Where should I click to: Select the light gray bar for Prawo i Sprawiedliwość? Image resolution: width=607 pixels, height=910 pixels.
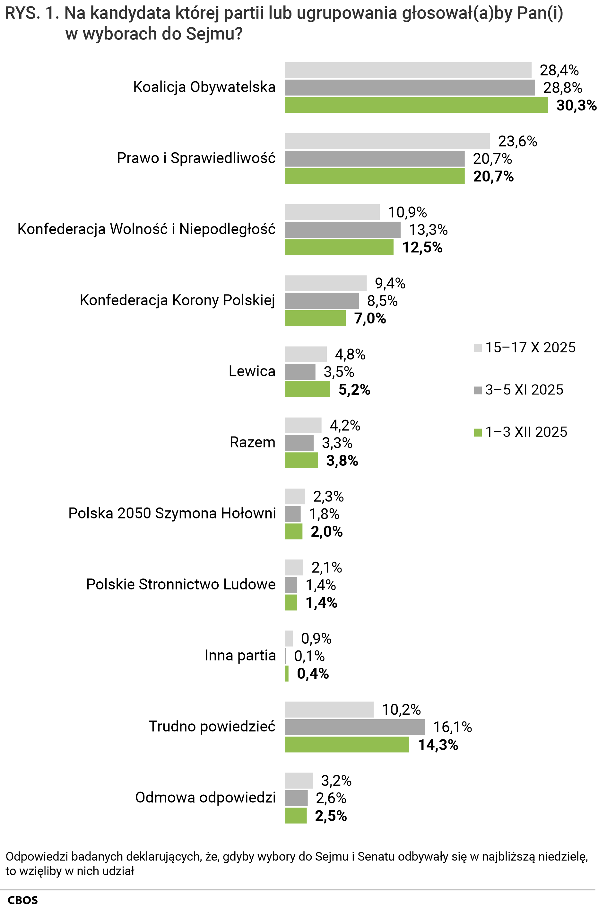(x=387, y=141)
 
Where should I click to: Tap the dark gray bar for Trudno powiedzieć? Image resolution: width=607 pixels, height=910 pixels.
(x=355, y=727)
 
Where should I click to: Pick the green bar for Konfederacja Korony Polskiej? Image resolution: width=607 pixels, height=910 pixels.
(x=315, y=318)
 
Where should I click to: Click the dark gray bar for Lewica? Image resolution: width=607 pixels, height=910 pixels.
(x=300, y=372)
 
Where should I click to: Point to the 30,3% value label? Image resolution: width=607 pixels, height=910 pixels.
(x=576, y=105)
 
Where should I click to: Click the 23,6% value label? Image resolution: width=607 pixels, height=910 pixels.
(x=517, y=141)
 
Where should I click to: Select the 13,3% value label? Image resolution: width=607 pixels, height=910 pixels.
(x=428, y=230)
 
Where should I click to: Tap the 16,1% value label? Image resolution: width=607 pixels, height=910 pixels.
(x=452, y=727)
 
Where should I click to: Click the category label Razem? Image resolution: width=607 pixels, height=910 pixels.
(x=252, y=442)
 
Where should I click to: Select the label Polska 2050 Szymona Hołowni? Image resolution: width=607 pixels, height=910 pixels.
(x=172, y=513)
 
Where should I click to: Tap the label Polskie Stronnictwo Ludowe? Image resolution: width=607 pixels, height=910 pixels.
(x=181, y=584)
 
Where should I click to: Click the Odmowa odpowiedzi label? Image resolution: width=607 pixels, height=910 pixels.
(x=205, y=798)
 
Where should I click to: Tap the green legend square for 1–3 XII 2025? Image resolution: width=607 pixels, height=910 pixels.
(x=478, y=432)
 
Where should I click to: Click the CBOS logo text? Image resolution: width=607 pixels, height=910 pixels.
(x=23, y=900)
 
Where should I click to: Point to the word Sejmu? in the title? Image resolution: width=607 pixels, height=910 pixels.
(x=214, y=34)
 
